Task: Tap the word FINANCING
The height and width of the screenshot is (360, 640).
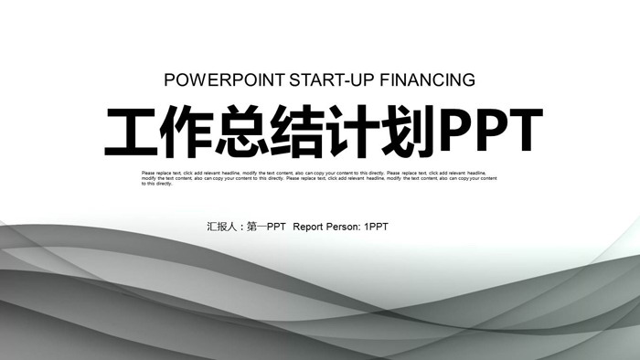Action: [x=430, y=79]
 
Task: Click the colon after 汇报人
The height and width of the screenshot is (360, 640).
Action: [x=241, y=227]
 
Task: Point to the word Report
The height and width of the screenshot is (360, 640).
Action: [x=309, y=226]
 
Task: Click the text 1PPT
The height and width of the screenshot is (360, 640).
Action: [x=376, y=226]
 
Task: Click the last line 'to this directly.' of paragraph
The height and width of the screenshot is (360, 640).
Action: [x=156, y=184]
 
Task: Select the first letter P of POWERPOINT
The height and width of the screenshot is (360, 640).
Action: [x=169, y=79]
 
